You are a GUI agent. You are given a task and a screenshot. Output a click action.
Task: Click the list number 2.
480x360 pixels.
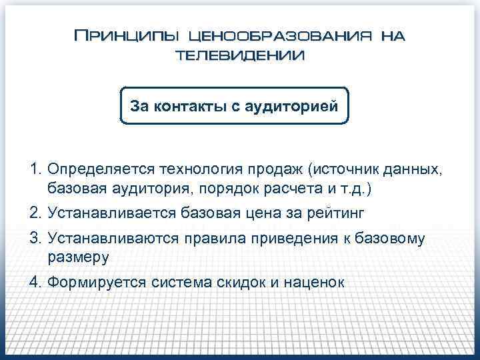[35, 213]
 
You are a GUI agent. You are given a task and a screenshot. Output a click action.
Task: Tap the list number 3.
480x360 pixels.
[35, 238]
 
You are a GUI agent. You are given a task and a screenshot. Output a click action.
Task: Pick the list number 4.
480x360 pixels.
[35, 281]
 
